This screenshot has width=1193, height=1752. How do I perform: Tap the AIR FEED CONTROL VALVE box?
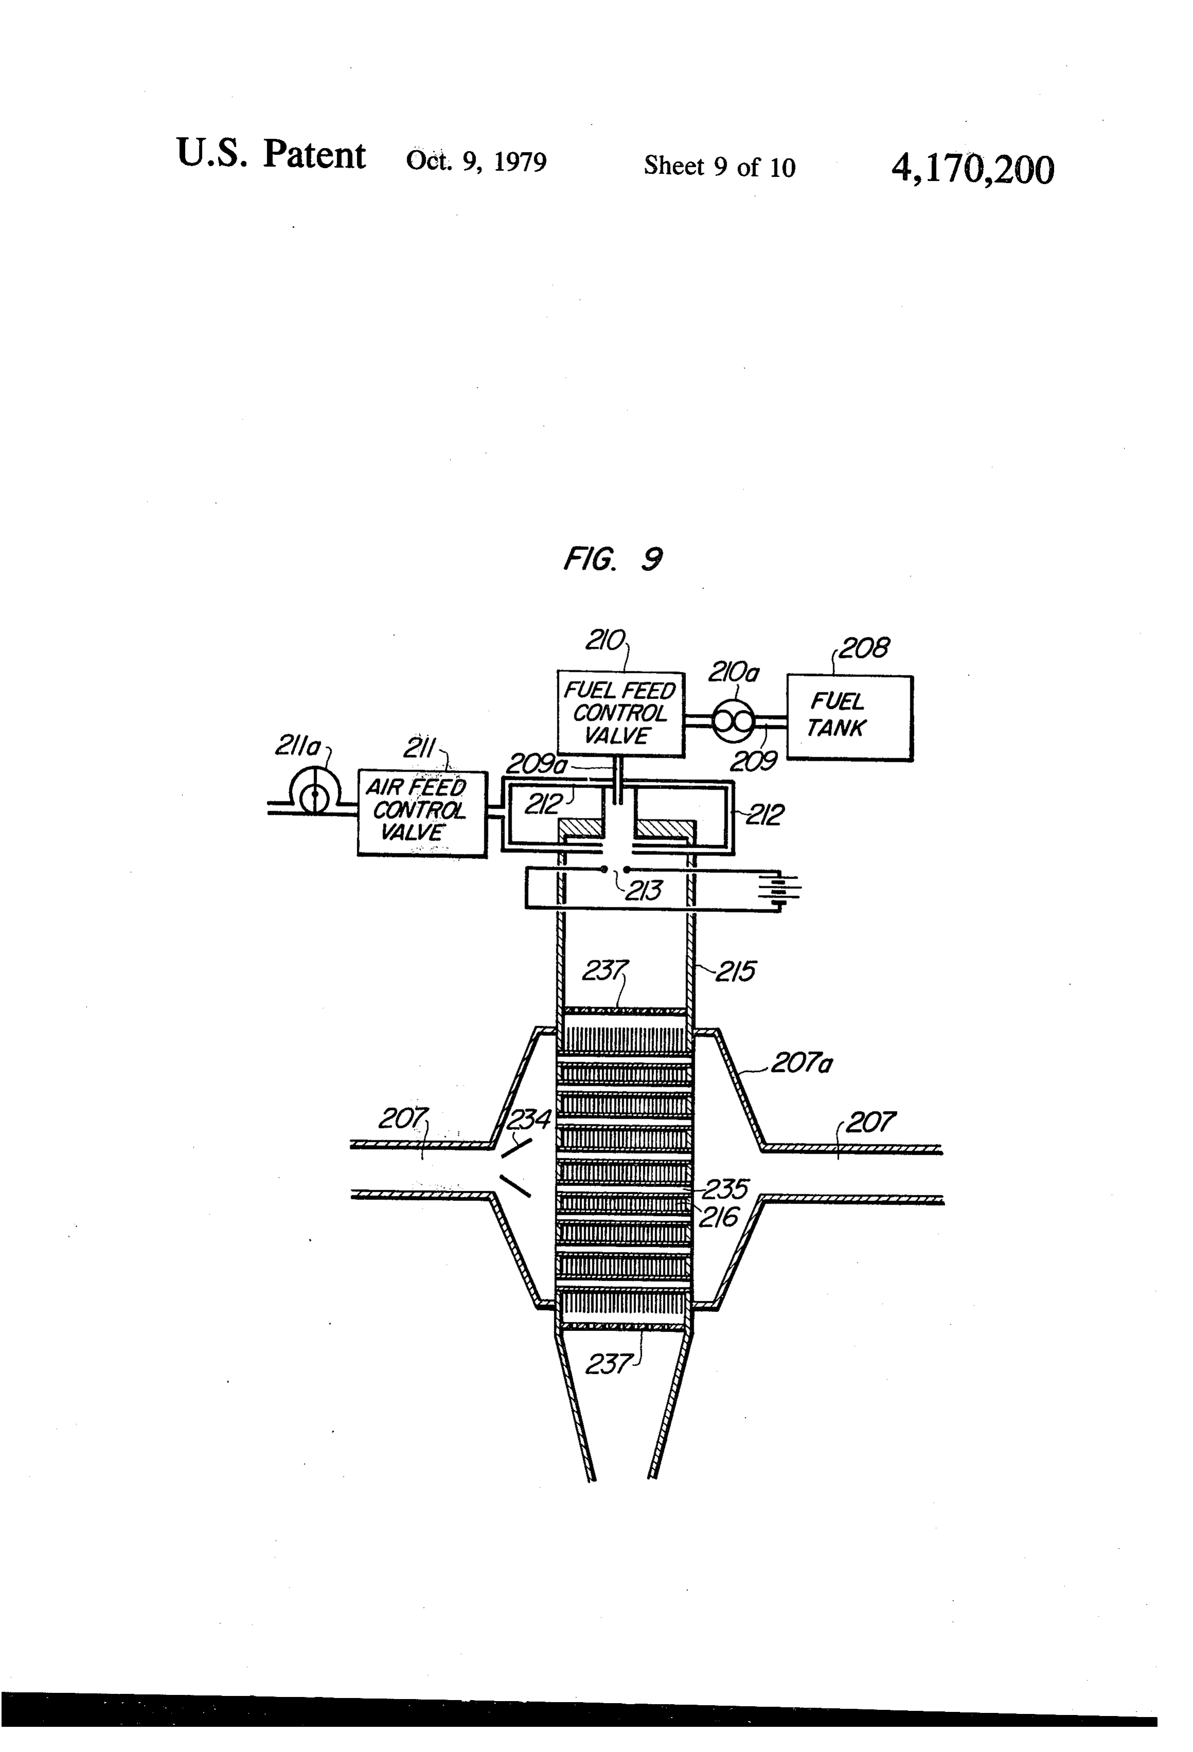(422, 813)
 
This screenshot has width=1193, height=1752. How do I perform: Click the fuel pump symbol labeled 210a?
(732, 722)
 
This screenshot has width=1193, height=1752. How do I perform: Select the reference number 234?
(529, 1120)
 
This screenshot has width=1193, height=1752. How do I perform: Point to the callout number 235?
(724, 1189)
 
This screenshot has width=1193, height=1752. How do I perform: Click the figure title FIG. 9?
(613, 559)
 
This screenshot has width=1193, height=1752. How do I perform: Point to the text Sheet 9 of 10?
(719, 167)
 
